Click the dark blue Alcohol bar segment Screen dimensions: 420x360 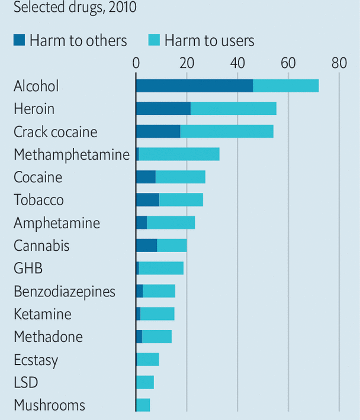tap(194, 86)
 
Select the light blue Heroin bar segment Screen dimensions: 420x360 tap(233, 109)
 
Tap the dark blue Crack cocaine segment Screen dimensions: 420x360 tap(158, 131)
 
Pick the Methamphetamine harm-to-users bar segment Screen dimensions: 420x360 tap(179, 154)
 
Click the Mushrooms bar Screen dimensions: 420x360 tap(143, 405)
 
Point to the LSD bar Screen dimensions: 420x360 tap(145, 382)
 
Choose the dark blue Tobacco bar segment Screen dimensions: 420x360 tap(147, 200)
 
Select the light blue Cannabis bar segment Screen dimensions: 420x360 tap(172, 245)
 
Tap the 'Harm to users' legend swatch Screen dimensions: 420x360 tap(154, 40)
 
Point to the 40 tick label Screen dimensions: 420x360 tap(237, 63)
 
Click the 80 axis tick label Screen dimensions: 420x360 tap(339, 63)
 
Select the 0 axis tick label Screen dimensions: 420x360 tap(136, 63)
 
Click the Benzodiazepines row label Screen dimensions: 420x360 tap(65, 291)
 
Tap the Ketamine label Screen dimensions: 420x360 tap(43, 314)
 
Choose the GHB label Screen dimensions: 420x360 tap(28, 269)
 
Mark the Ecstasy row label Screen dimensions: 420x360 tap(36, 360)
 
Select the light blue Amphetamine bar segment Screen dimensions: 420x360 tap(171, 223)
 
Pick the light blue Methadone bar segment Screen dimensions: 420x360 tap(157, 337)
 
